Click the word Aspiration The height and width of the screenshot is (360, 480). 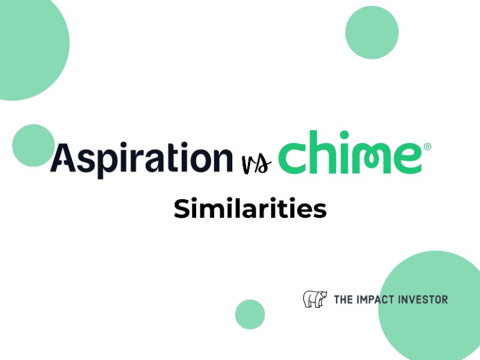pyautogui.click(x=142, y=158)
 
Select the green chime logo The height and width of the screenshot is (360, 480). pyautogui.click(x=355, y=152)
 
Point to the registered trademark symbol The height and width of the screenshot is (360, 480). pyautogui.click(x=428, y=146)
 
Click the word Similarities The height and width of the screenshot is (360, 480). pyautogui.click(x=250, y=208)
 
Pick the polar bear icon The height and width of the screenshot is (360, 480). pyautogui.click(x=314, y=299)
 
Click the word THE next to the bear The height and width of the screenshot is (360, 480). pyautogui.click(x=343, y=299)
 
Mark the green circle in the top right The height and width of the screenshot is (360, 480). pyautogui.click(x=372, y=32)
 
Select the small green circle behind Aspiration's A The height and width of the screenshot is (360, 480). pyautogui.click(x=34, y=145)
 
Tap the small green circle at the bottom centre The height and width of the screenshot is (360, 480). pyautogui.click(x=250, y=314)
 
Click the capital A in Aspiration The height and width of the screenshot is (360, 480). pyautogui.click(x=64, y=157)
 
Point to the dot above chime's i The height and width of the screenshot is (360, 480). pyautogui.click(x=344, y=135)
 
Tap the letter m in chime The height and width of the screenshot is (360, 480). pyautogui.click(x=370, y=158)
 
